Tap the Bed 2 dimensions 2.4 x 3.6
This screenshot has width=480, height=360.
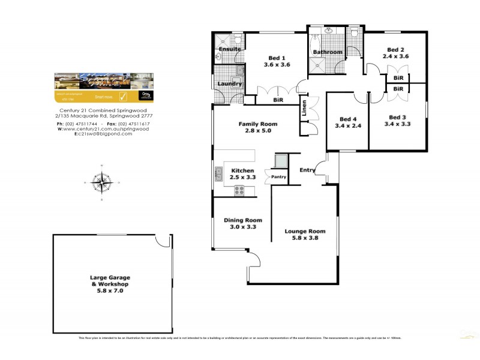pyautogui.click(x=395, y=56)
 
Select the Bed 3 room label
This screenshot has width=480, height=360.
pyautogui.click(x=397, y=117)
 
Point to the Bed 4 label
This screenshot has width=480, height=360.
pyautogui.click(x=347, y=118)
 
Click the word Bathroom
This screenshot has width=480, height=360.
pyautogui.click(x=328, y=52)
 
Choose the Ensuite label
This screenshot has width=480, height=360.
pyautogui.click(x=229, y=49)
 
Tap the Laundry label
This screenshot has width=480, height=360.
pyautogui.click(x=230, y=84)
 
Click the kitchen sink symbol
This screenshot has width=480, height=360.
pyautogui.click(x=218, y=175)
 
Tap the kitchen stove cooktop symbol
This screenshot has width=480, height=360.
pyautogui.click(x=239, y=191)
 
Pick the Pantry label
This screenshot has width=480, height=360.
pyautogui.click(x=278, y=177)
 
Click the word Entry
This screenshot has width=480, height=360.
pyautogui.click(x=307, y=170)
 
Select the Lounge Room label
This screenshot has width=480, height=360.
pyautogui.click(x=305, y=231)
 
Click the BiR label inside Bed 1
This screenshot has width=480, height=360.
pyautogui.click(x=278, y=100)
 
